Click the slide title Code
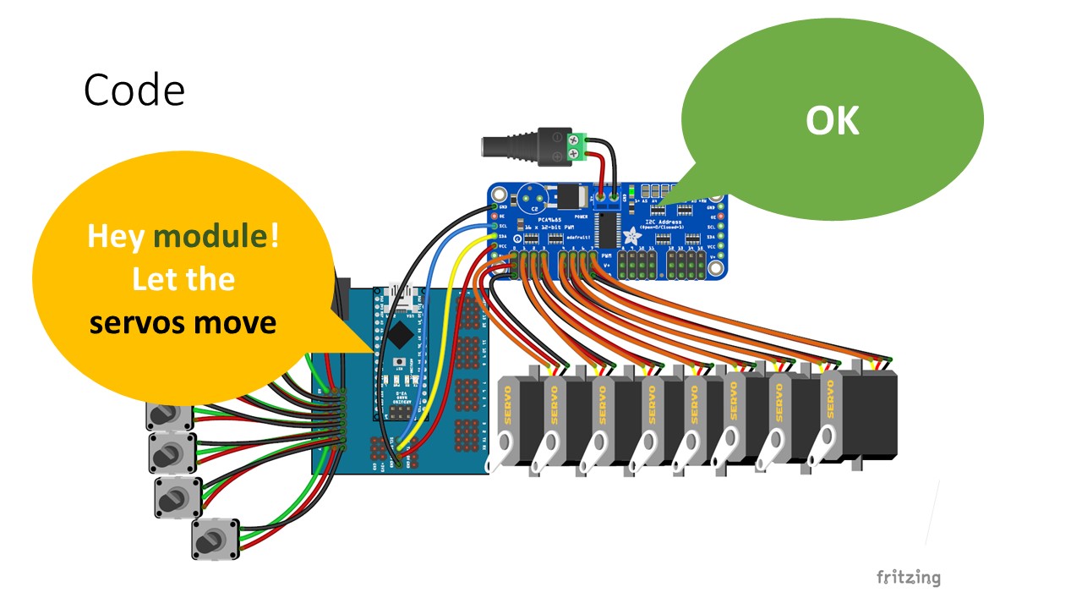[x=134, y=90]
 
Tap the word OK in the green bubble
[x=832, y=122]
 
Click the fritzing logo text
[x=908, y=578]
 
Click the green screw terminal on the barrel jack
[x=578, y=145]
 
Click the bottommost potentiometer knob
[x=214, y=539]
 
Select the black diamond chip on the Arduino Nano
[x=399, y=327]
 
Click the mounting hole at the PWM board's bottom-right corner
[x=717, y=270]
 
